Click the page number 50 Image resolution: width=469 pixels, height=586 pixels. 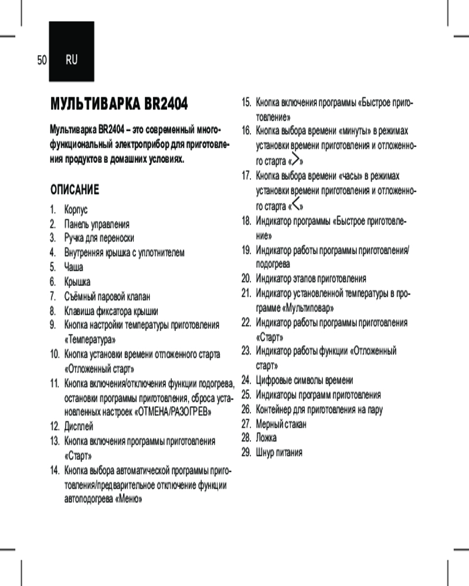(x=41, y=60)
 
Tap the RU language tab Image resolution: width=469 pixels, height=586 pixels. (x=72, y=60)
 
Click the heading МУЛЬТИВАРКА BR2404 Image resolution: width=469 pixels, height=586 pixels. (x=119, y=105)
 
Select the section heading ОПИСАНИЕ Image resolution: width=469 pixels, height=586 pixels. (x=74, y=190)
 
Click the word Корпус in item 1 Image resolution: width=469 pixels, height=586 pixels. (x=76, y=209)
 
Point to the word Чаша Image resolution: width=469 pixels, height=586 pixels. (x=74, y=267)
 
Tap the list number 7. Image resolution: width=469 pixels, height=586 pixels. (x=52, y=297)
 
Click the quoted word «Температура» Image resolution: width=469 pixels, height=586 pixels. (x=89, y=339)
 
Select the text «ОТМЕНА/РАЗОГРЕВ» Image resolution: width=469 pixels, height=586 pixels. (x=173, y=412)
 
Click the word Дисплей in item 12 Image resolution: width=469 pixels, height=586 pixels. (x=79, y=426)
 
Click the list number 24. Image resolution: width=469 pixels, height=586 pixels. (x=247, y=380)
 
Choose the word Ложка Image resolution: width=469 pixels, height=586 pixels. (x=267, y=438)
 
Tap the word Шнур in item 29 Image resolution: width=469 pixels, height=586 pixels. (x=266, y=452)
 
